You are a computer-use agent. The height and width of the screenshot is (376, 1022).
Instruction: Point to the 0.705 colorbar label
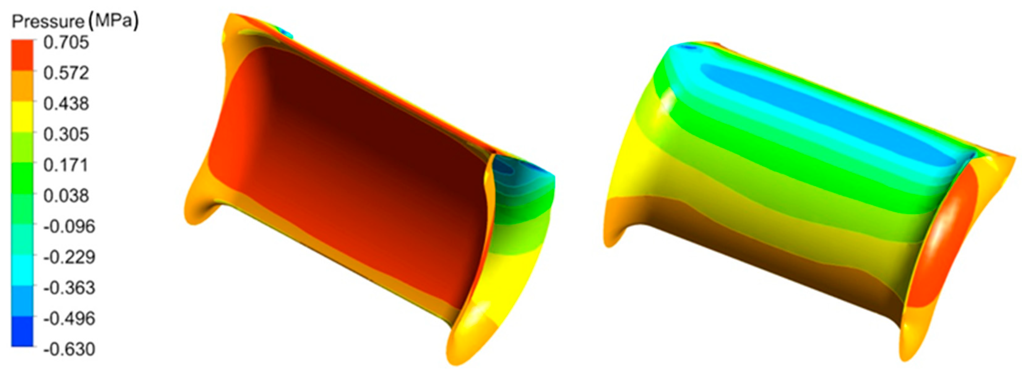[x=66, y=42]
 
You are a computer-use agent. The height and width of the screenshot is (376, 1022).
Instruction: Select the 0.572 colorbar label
[x=66, y=73]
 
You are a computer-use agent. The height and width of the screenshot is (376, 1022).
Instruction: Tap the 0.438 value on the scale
[x=66, y=104]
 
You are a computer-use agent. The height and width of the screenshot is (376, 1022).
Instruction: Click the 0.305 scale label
[x=66, y=134]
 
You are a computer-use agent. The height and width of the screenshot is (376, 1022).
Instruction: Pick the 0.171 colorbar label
[x=66, y=165]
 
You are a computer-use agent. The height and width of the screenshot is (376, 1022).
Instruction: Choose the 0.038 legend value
[x=66, y=196]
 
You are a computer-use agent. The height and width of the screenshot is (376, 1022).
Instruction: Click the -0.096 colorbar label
[x=69, y=226]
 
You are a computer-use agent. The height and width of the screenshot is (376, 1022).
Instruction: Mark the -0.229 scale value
[x=69, y=257]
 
